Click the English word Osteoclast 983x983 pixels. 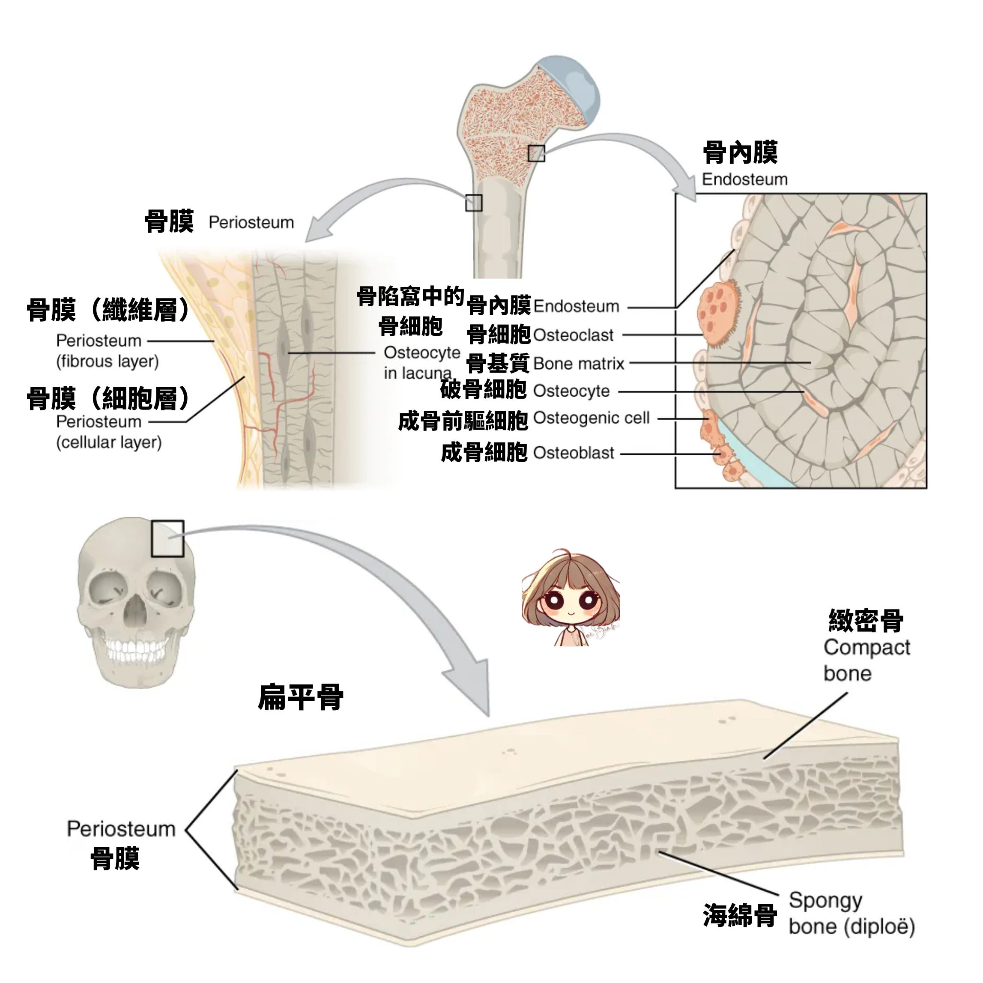pyautogui.click(x=573, y=335)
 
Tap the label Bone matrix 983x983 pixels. pyautogui.click(x=579, y=364)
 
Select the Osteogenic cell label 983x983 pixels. pyautogui.click(x=591, y=418)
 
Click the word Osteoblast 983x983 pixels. pyautogui.click(x=574, y=453)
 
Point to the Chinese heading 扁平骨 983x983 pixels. pyautogui.click(x=301, y=697)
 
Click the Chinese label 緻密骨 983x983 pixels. pyautogui.click(x=866, y=621)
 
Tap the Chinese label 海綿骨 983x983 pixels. pyautogui.click(x=740, y=915)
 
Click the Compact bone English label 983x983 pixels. pyautogui.click(x=866, y=660)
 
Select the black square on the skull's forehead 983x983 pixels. pyautogui.click(x=167, y=538)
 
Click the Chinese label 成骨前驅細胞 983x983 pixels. pyautogui.click(x=463, y=421)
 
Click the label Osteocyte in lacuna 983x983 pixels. pyautogui.click(x=421, y=363)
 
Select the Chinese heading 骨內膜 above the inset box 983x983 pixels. pyautogui.click(x=740, y=152)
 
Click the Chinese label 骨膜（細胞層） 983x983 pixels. pyautogui.click(x=108, y=398)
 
